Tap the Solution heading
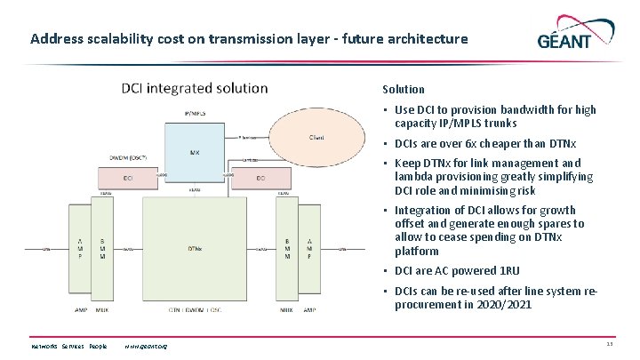click(x=404, y=89)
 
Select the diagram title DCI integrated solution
click(x=195, y=88)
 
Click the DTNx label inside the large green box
click(x=195, y=248)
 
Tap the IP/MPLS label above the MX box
click(x=195, y=114)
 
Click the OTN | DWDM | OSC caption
click(x=195, y=309)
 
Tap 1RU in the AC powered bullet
click(x=508, y=271)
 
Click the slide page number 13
click(x=610, y=345)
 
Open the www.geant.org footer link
click(x=147, y=345)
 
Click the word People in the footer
click(x=98, y=345)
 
